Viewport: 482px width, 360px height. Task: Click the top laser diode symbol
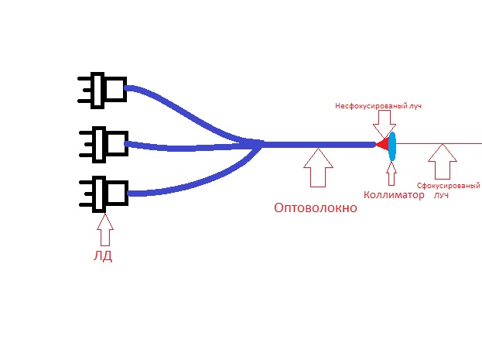pyautogui.click(x=102, y=91)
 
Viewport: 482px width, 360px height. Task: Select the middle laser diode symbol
pyautogui.click(x=104, y=144)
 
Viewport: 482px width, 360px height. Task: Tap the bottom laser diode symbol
pyautogui.click(x=104, y=194)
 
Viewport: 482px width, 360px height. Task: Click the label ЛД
pyautogui.click(x=103, y=255)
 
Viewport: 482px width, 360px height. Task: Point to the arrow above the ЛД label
pyautogui.click(x=105, y=230)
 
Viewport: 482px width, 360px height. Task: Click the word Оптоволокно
pyautogui.click(x=316, y=208)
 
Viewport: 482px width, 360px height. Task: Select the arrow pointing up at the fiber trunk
pyautogui.click(x=318, y=168)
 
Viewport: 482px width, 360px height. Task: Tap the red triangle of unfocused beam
pyautogui.click(x=383, y=144)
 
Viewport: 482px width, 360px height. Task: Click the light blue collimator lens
pyautogui.click(x=392, y=146)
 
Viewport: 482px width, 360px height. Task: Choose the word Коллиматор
pyautogui.click(x=394, y=195)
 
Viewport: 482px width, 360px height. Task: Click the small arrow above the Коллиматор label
pyautogui.click(x=391, y=173)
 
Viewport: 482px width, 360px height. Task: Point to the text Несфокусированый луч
pyautogui.click(x=378, y=106)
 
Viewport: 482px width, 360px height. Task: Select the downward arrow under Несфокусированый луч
pyautogui.click(x=385, y=124)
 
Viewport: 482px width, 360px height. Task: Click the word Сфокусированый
pyautogui.click(x=448, y=186)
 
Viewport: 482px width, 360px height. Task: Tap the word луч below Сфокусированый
pyautogui.click(x=441, y=195)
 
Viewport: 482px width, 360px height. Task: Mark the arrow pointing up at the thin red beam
pyautogui.click(x=443, y=162)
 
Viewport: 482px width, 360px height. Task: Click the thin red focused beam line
pyautogui.click(x=439, y=143)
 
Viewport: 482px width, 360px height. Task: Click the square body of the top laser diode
pyautogui.click(x=115, y=89)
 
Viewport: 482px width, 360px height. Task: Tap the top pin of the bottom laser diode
pyautogui.click(x=87, y=182)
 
